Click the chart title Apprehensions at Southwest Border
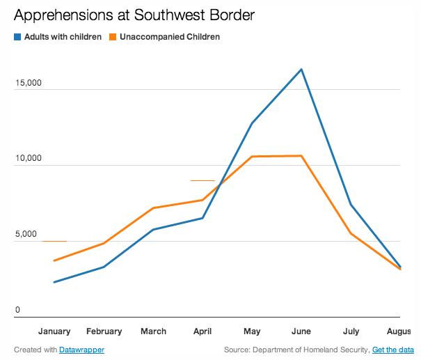(x=127, y=15)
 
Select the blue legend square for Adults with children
(x=17, y=37)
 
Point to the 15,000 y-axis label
(x=28, y=83)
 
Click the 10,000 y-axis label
(x=28, y=159)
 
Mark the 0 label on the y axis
(x=19, y=311)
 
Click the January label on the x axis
(x=54, y=331)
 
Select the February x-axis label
(x=104, y=331)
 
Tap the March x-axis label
(x=153, y=331)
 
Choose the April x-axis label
(x=202, y=331)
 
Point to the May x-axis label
(x=251, y=331)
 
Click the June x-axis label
(x=301, y=331)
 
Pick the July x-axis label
(x=351, y=331)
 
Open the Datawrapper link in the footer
(x=82, y=350)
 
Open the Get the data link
(x=393, y=350)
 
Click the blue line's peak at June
(x=301, y=69)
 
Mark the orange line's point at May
(x=251, y=157)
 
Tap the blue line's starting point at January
(x=54, y=282)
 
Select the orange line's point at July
(x=351, y=233)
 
